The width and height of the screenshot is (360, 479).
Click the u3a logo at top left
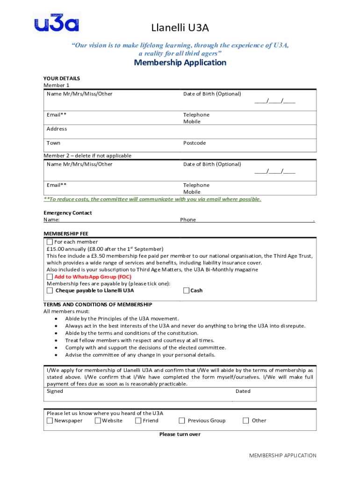pyautogui.click(x=57, y=23)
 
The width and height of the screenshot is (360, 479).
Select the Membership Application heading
pyautogui.click(x=180, y=63)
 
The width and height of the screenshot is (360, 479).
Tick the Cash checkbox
pyautogui.click(x=187, y=290)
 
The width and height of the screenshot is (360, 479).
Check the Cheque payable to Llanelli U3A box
pyautogui.click(x=50, y=290)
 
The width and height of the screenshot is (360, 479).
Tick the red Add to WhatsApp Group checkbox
pyautogui.click(x=50, y=276)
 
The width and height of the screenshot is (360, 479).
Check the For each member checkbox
pyautogui.click(x=50, y=242)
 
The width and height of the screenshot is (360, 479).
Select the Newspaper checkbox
pyautogui.click(x=50, y=421)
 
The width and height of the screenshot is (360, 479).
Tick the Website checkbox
pyautogui.click(x=98, y=421)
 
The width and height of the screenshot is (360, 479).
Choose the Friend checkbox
pyautogui.click(x=138, y=421)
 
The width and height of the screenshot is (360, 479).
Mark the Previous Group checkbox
pyautogui.click(x=183, y=421)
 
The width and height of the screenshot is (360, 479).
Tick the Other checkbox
pyautogui.click(x=246, y=421)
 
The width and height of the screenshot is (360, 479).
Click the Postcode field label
pyautogui.click(x=194, y=143)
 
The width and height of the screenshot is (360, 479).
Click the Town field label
pyautogui.click(x=53, y=143)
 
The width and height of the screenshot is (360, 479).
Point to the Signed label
pyautogui.click(x=55, y=391)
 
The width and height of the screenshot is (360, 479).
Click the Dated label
pyautogui.click(x=243, y=391)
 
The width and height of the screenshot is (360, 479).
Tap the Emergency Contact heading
pyautogui.click(x=68, y=213)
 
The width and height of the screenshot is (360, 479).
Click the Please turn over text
pyautogui.click(x=180, y=434)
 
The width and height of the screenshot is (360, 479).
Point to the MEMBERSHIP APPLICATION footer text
pyautogui.click(x=282, y=455)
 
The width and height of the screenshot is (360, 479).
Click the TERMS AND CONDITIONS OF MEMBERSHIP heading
pyautogui.click(x=98, y=304)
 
